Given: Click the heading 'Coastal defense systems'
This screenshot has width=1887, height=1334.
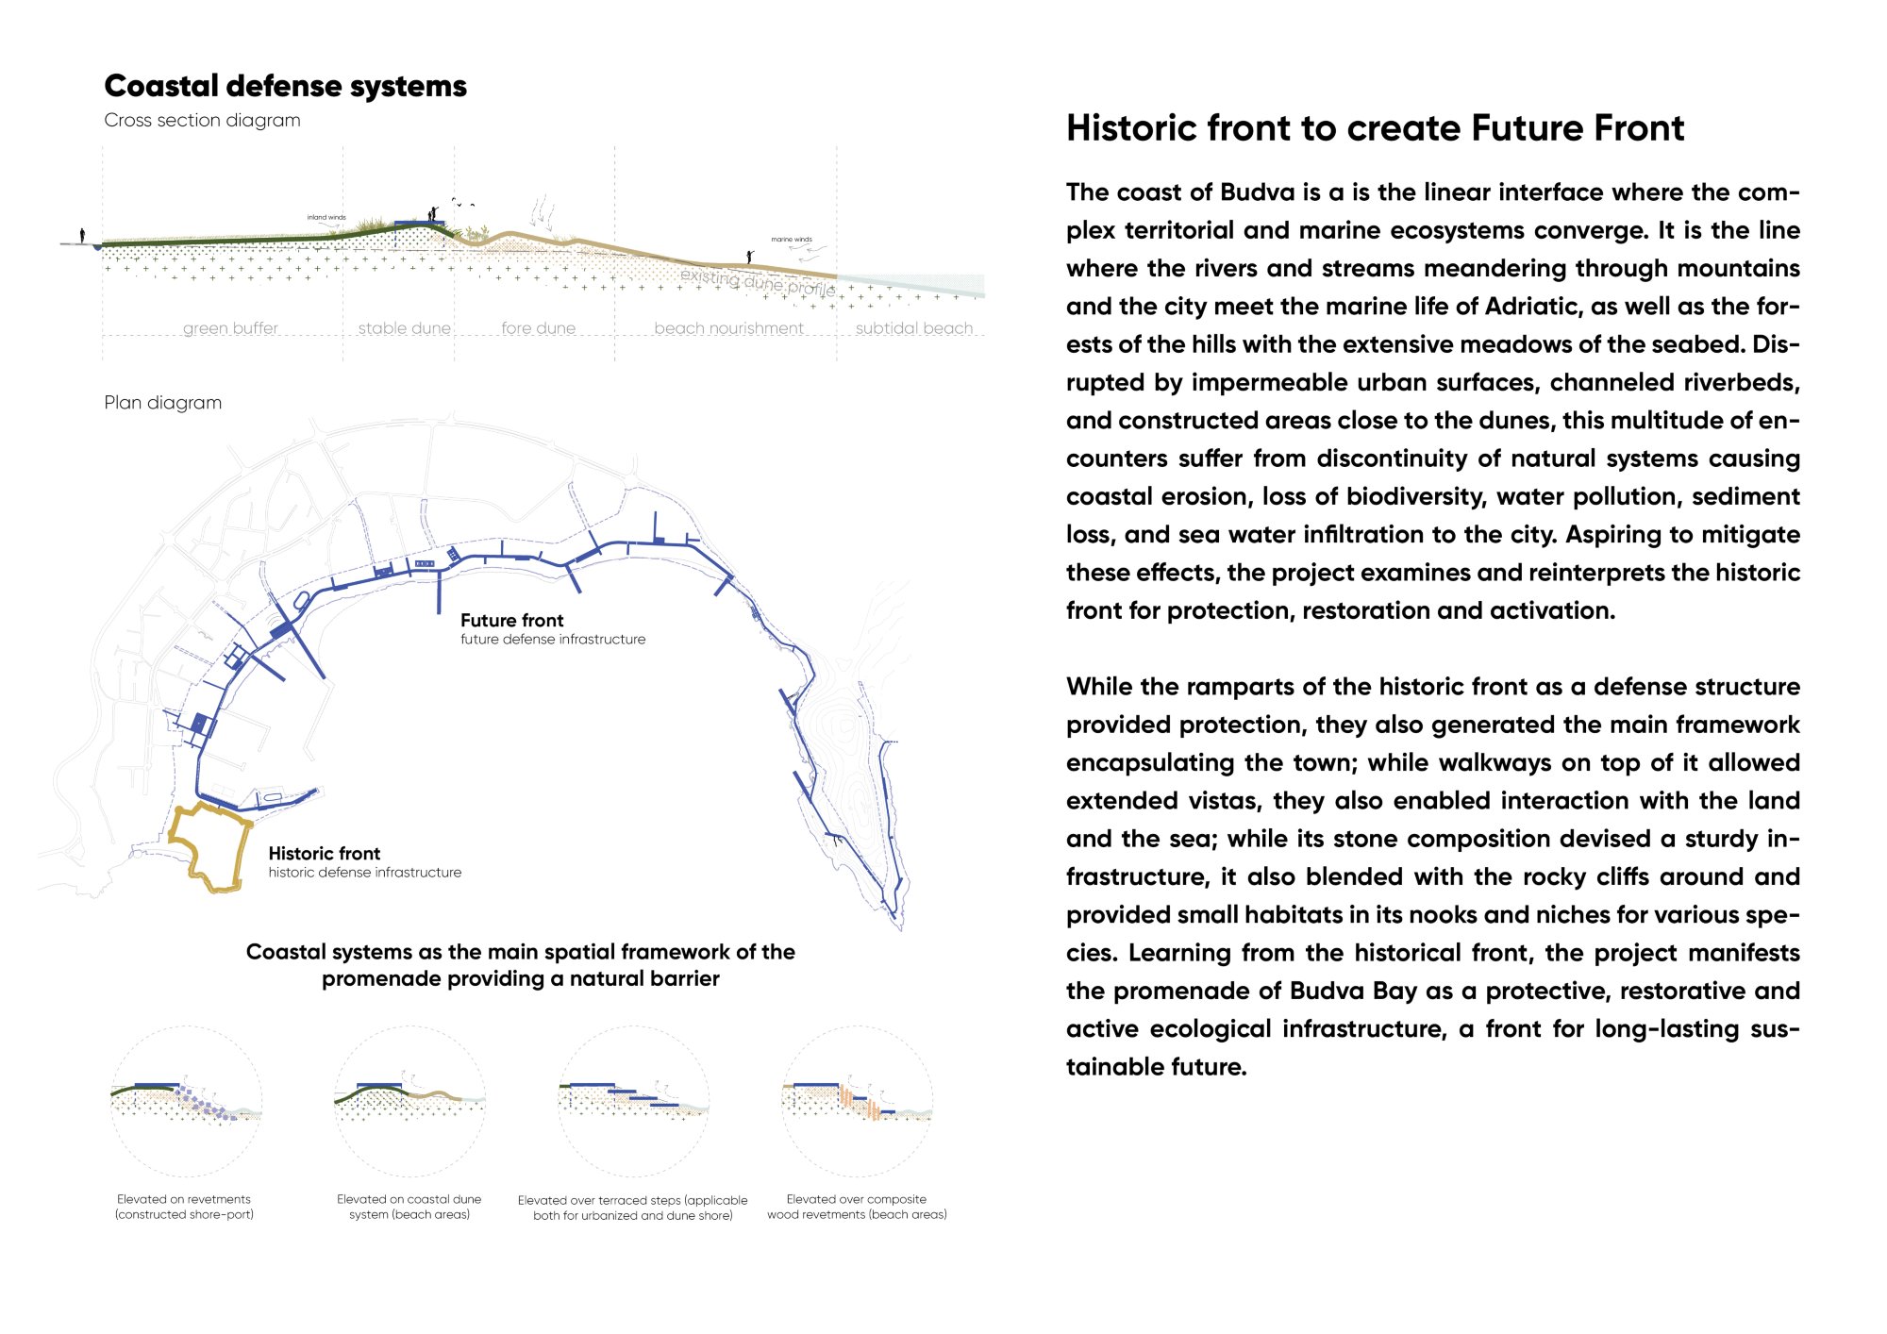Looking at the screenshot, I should [285, 86].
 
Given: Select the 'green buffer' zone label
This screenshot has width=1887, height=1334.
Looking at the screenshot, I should [230, 328].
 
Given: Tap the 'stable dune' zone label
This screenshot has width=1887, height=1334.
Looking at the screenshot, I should [404, 328].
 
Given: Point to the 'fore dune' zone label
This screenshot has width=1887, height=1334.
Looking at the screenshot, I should [538, 328].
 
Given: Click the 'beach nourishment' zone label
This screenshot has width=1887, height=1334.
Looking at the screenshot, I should [728, 328].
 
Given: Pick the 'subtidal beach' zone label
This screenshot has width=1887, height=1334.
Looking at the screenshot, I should [913, 328].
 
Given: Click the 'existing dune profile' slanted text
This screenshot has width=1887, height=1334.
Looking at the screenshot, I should [758, 281].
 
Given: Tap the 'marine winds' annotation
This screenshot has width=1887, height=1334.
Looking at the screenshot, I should [791, 240].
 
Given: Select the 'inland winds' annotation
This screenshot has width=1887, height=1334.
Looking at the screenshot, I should [326, 217].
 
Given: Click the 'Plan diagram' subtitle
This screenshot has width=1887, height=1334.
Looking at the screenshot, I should [162, 403].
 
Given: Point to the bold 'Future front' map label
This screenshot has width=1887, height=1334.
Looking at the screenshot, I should [511, 621].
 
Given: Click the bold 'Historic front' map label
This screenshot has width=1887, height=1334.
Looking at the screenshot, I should [324, 854].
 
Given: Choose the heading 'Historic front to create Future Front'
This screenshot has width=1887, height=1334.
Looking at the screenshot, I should [1375, 128].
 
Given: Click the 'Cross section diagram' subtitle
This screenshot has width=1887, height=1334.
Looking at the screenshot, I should [202, 121].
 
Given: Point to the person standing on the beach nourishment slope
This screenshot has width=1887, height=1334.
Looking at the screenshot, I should [749, 257].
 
